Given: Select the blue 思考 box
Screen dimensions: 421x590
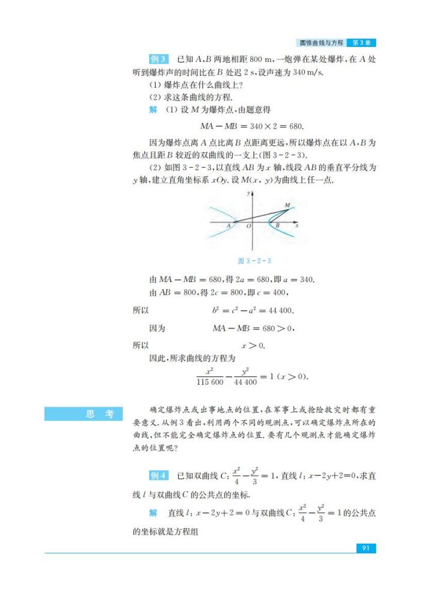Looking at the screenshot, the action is click(82, 414).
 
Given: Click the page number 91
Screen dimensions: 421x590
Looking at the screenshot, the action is click(365, 548).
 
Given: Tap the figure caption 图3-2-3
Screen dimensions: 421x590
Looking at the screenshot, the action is click(255, 260).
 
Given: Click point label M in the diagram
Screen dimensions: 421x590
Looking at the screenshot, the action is click(286, 206).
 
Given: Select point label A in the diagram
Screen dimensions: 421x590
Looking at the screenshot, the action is click(229, 226).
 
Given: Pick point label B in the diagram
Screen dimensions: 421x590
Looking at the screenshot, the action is click(277, 227).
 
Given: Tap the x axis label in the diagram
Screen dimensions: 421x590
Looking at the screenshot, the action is click(297, 226).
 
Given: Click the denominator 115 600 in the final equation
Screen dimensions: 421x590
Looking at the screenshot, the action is click(210, 382).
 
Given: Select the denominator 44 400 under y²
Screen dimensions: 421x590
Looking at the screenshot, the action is click(245, 382).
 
